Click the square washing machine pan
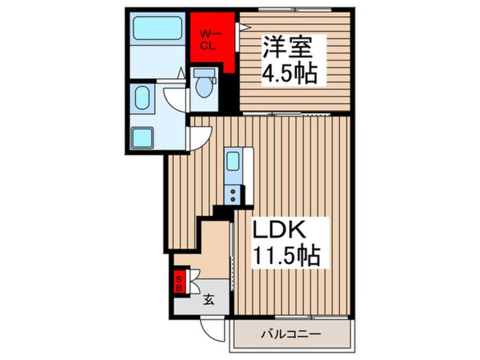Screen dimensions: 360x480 pyautogui.click(x=142, y=137)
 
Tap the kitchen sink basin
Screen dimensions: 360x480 pyautogui.click(x=233, y=161)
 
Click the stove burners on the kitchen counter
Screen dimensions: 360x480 pyautogui.click(x=233, y=194)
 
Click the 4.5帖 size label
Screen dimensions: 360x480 pyautogui.click(x=288, y=74)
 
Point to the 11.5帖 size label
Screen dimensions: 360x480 pyautogui.click(x=286, y=255)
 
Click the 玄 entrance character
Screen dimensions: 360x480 pyautogui.click(x=208, y=300)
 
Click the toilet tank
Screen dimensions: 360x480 pyautogui.click(x=204, y=73)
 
